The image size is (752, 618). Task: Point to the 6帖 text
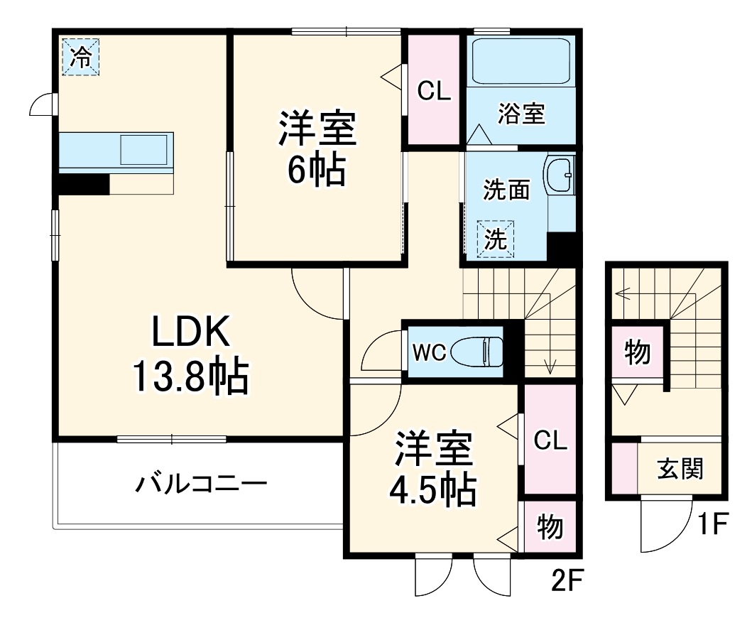316,169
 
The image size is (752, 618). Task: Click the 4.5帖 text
432,488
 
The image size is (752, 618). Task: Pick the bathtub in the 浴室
521,61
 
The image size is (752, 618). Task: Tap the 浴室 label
521,114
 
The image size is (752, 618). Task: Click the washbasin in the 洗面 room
559,175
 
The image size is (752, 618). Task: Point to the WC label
429,352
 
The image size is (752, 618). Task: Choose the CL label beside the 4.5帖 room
550,441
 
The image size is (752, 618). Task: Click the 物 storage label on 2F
550,527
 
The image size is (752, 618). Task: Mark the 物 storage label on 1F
637,352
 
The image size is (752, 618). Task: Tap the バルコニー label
201,485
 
